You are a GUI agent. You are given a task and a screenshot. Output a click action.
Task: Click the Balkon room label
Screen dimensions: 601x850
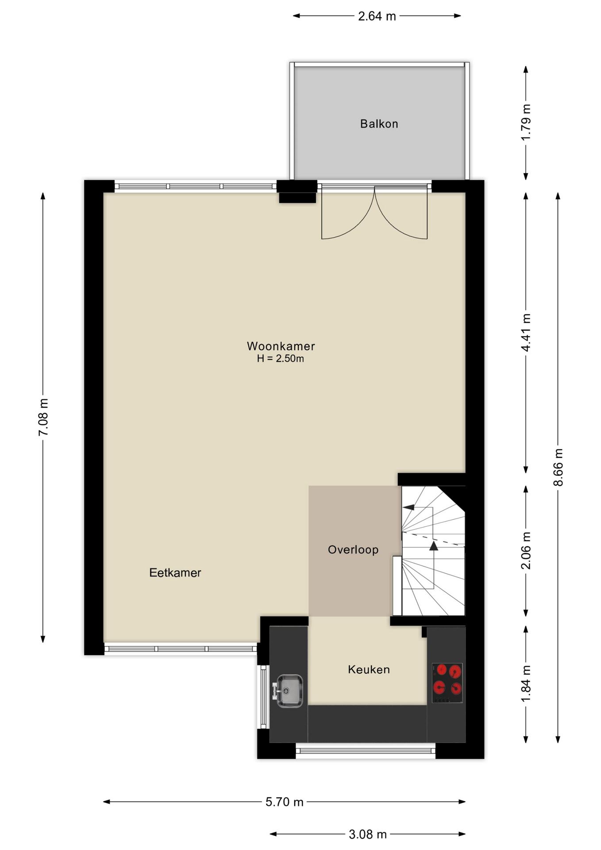click(x=379, y=124)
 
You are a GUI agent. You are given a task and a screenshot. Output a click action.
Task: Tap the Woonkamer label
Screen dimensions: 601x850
click(x=281, y=346)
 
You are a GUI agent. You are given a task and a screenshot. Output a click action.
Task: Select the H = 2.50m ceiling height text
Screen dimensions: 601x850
click(x=281, y=359)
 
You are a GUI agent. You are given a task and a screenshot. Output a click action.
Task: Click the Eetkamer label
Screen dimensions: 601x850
click(x=175, y=572)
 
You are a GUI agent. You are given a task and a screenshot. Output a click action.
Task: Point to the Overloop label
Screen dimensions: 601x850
click(x=353, y=550)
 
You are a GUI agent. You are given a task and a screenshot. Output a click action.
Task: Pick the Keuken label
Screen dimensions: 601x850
click(x=369, y=669)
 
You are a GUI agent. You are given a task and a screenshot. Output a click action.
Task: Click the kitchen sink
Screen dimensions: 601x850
click(x=289, y=691)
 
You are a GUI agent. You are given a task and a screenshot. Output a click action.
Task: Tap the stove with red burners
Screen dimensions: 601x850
click(x=447, y=683)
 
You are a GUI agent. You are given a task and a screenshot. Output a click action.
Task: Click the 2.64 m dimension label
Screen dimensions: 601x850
click(x=377, y=16)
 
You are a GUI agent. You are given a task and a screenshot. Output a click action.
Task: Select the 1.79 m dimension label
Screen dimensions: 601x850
click(x=526, y=122)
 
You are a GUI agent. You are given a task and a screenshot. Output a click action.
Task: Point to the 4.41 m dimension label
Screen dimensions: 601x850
click(x=526, y=332)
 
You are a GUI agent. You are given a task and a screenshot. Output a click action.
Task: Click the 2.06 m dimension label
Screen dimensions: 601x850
click(x=526, y=550)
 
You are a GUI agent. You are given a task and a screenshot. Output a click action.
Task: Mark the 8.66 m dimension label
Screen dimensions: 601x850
click(x=558, y=467)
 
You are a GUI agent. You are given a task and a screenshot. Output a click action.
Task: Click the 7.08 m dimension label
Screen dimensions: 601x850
click(x=43, y=417)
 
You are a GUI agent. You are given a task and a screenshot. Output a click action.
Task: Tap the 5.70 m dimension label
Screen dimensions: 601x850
click(x=285, y=802)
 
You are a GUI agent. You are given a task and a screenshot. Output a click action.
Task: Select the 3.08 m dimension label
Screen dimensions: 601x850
click(x=368, y=835)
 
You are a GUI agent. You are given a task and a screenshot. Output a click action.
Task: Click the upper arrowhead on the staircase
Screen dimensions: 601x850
click(x=408, y=507)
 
